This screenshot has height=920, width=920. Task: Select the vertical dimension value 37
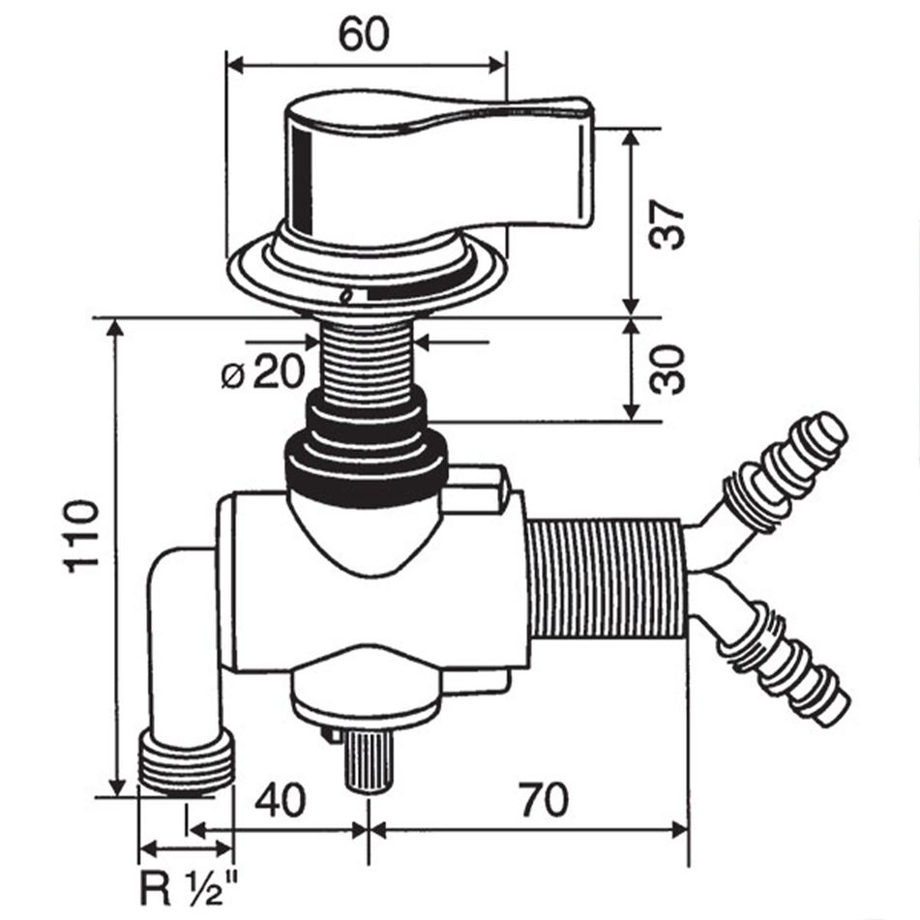[x=668, y=225]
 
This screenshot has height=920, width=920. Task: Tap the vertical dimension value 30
[x=668, y=370]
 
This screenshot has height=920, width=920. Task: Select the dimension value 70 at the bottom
[x=543, y=801]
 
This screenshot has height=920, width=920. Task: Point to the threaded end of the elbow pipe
[x=188, y=763]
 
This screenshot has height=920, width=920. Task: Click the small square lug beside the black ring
[x=478, y=488]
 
